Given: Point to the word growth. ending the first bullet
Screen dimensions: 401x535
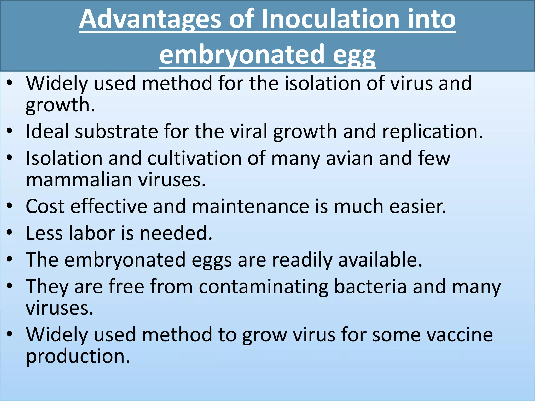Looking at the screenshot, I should [x=60, y=105].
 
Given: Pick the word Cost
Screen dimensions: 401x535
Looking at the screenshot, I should [x=45, y=207].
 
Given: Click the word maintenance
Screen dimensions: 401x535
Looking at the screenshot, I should [x=250, y=207].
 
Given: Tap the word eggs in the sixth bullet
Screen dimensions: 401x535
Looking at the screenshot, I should [x=211, y=260].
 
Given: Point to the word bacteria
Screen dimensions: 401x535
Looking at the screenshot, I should [x=370, y=287].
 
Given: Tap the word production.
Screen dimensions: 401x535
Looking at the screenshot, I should [x=78, y=357].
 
